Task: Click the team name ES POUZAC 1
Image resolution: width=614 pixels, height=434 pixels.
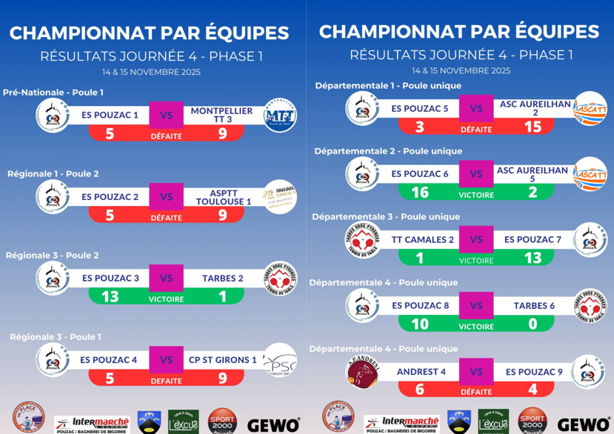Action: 110,115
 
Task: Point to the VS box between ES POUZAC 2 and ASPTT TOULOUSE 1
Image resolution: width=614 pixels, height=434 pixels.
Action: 166,198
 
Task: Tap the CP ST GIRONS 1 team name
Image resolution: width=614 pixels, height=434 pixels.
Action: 222,361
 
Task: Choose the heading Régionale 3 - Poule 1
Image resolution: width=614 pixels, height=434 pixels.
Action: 55,337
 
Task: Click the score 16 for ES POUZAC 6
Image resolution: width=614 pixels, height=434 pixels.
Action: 420,192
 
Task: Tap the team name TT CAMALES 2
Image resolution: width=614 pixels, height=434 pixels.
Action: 424,239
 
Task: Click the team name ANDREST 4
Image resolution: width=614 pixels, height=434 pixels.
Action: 421,372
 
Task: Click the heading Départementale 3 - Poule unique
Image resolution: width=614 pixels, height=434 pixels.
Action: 386,217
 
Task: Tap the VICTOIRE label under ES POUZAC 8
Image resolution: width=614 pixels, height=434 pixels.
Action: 476,325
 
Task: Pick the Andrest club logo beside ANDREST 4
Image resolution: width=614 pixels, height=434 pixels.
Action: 362,371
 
